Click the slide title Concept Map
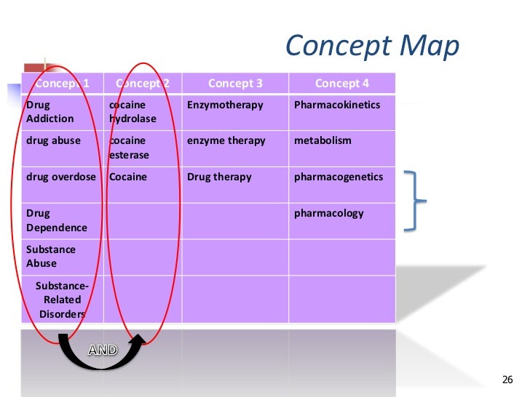[372, 46]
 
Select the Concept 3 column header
[235, 84]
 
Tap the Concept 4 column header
[341, 84]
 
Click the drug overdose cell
[62, 177]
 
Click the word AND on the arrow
[103, 350]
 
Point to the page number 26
[507, 380]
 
